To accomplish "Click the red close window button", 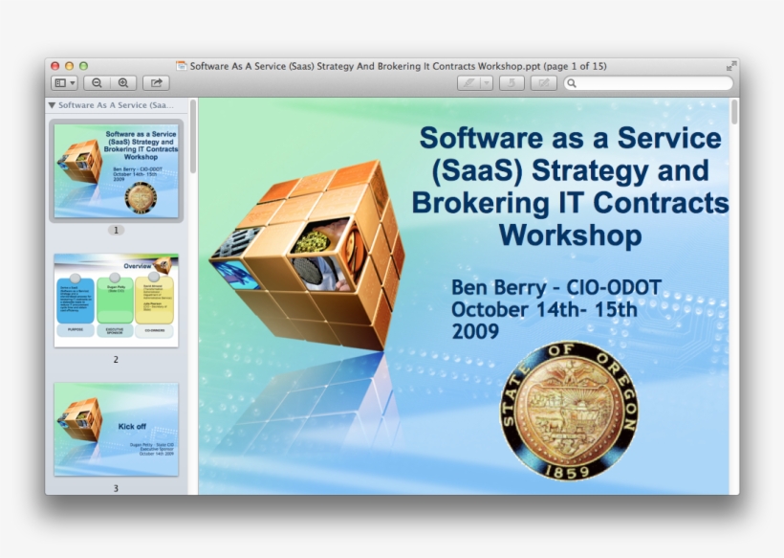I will [x=54, y=66].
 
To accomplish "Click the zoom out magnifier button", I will [x=98, y=83].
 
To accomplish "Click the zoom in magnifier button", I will [x=123, y=83].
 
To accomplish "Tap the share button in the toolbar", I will [x=156, y=83].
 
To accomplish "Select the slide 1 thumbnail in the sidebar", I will [x=116, y=170].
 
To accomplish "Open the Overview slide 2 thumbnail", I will [x=116, y=301].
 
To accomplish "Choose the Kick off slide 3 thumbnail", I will [x=116, y=429].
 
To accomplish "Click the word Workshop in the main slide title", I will [x=570, y=234].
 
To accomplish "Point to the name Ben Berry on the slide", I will [x=501, y=287].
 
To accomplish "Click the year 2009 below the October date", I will [x=475, y=331].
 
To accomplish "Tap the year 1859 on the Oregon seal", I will [x=569, y=469].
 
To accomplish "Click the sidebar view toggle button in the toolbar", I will [x=64, y=83].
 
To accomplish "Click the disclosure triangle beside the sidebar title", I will [x=52, y=105].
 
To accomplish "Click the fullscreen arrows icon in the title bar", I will [x=731, y=66].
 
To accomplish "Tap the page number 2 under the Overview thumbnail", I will [x=116, y=360].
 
